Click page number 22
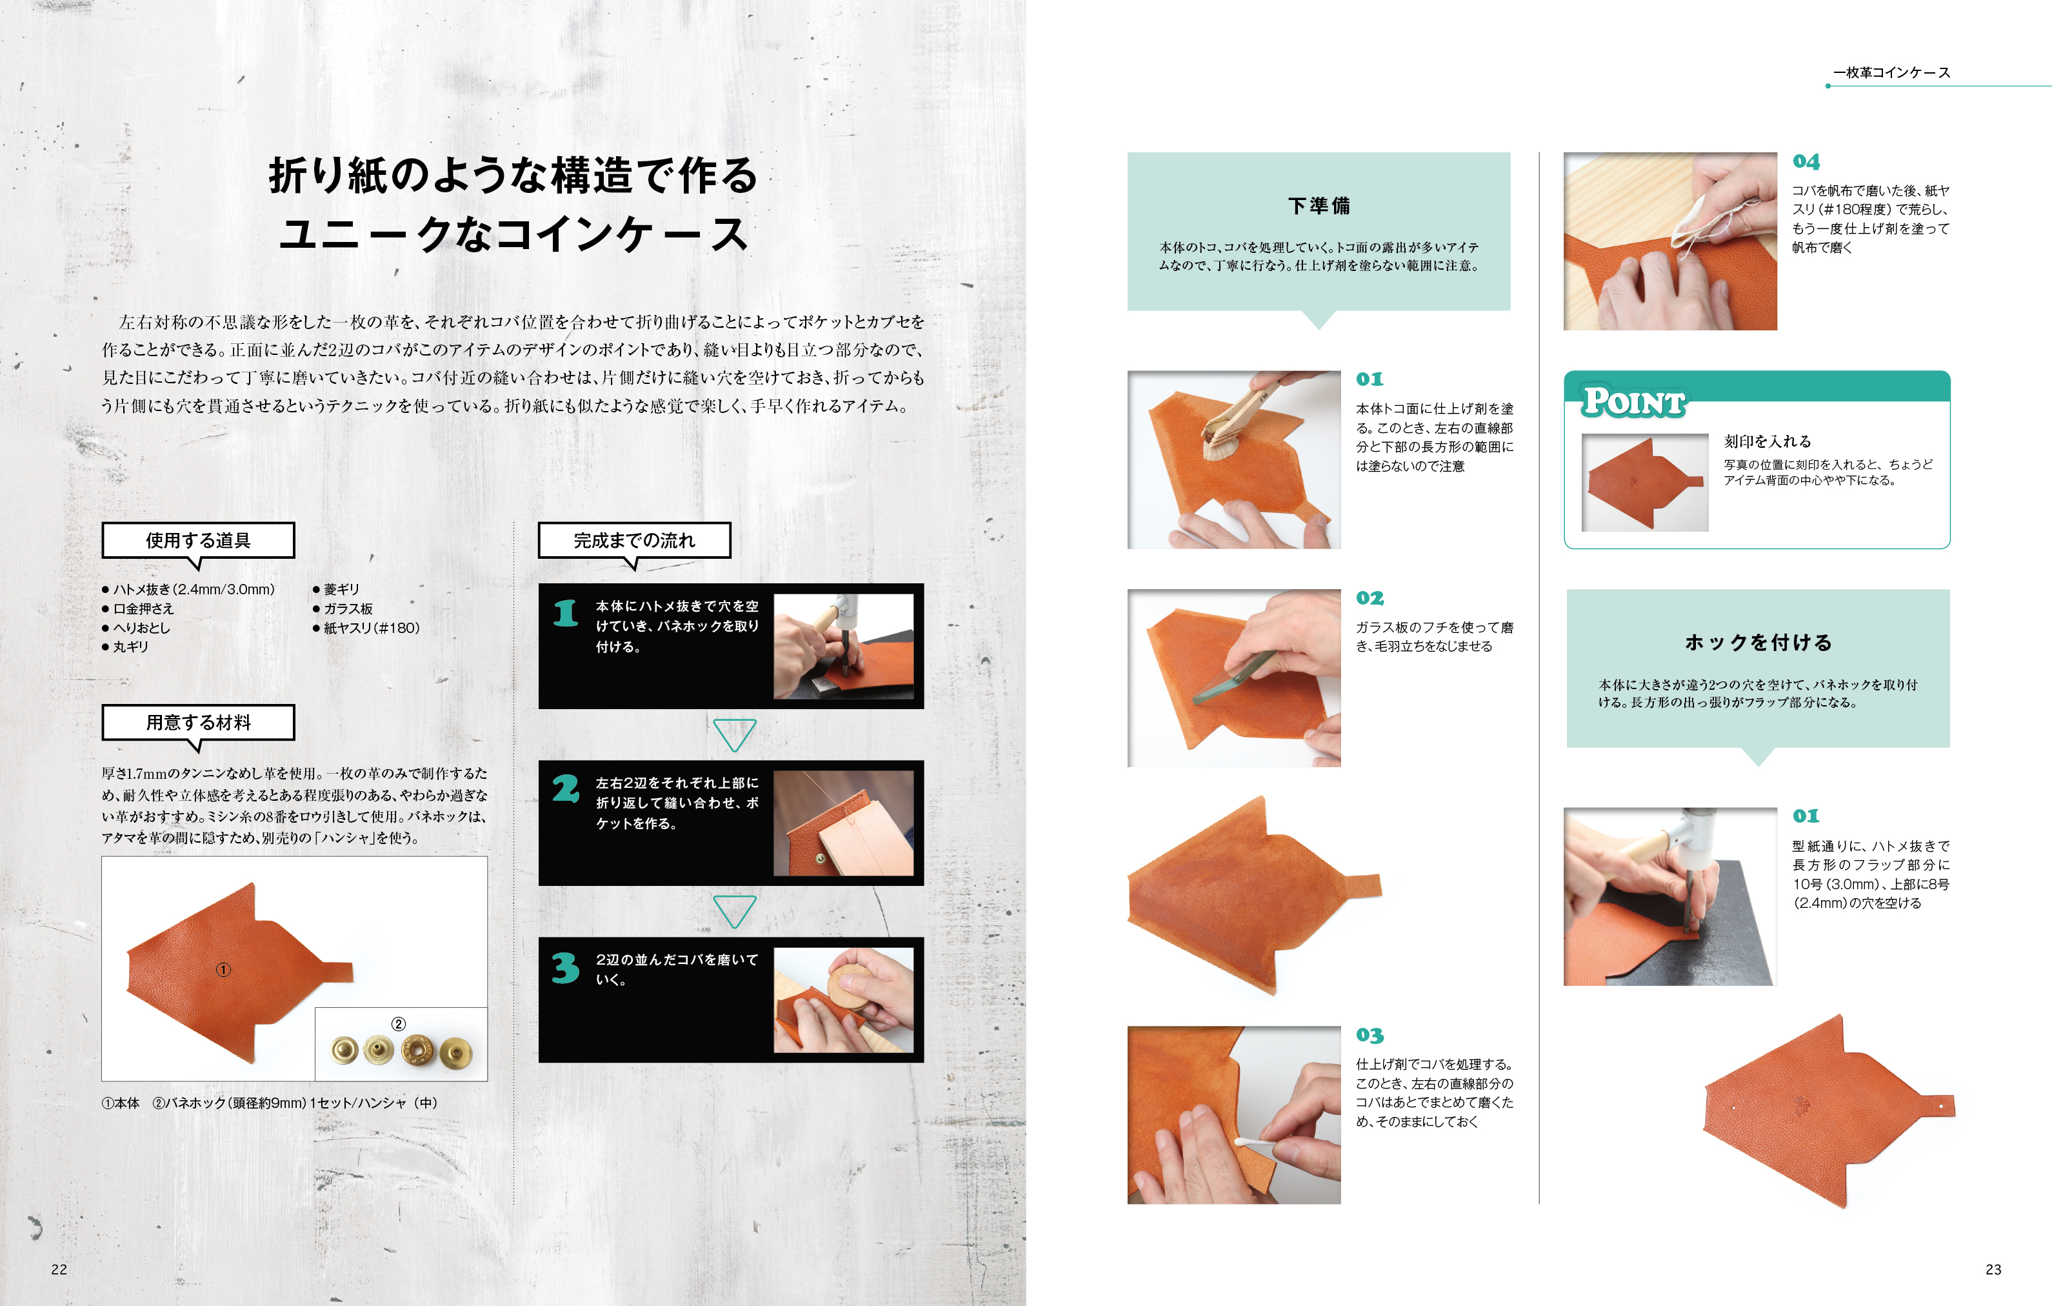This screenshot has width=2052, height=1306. [59, 1269]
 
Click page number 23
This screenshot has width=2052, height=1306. [1993, 1269]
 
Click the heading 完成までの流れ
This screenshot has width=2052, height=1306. [634, 541]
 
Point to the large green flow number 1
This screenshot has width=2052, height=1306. [566, 613]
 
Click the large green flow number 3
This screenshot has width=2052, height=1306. [566, 968]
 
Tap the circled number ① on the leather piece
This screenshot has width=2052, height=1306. [223, 970]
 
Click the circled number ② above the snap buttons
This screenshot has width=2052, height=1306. [398, 1024]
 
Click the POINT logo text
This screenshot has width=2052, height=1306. [1633, 401]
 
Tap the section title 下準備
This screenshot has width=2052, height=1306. [1319, 205]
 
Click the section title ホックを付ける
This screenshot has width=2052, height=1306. [1758, 643]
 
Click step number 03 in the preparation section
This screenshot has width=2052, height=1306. [1370, 1035]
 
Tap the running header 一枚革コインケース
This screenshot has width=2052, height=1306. [1892, 72]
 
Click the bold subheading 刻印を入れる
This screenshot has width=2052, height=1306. [1768, 441]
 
